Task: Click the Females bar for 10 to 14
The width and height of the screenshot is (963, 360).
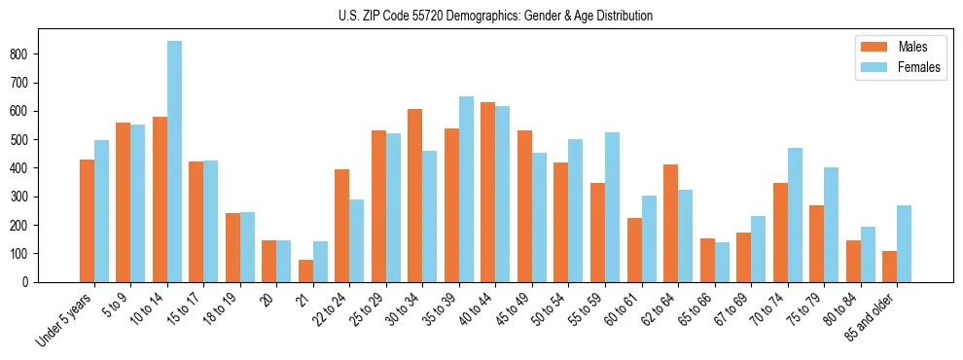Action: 175,162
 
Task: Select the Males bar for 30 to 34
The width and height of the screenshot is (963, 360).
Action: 415,196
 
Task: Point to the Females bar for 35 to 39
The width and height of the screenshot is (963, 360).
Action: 467,189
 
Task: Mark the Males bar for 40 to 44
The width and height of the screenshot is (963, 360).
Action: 488,192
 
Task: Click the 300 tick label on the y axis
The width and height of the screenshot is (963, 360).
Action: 23,197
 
